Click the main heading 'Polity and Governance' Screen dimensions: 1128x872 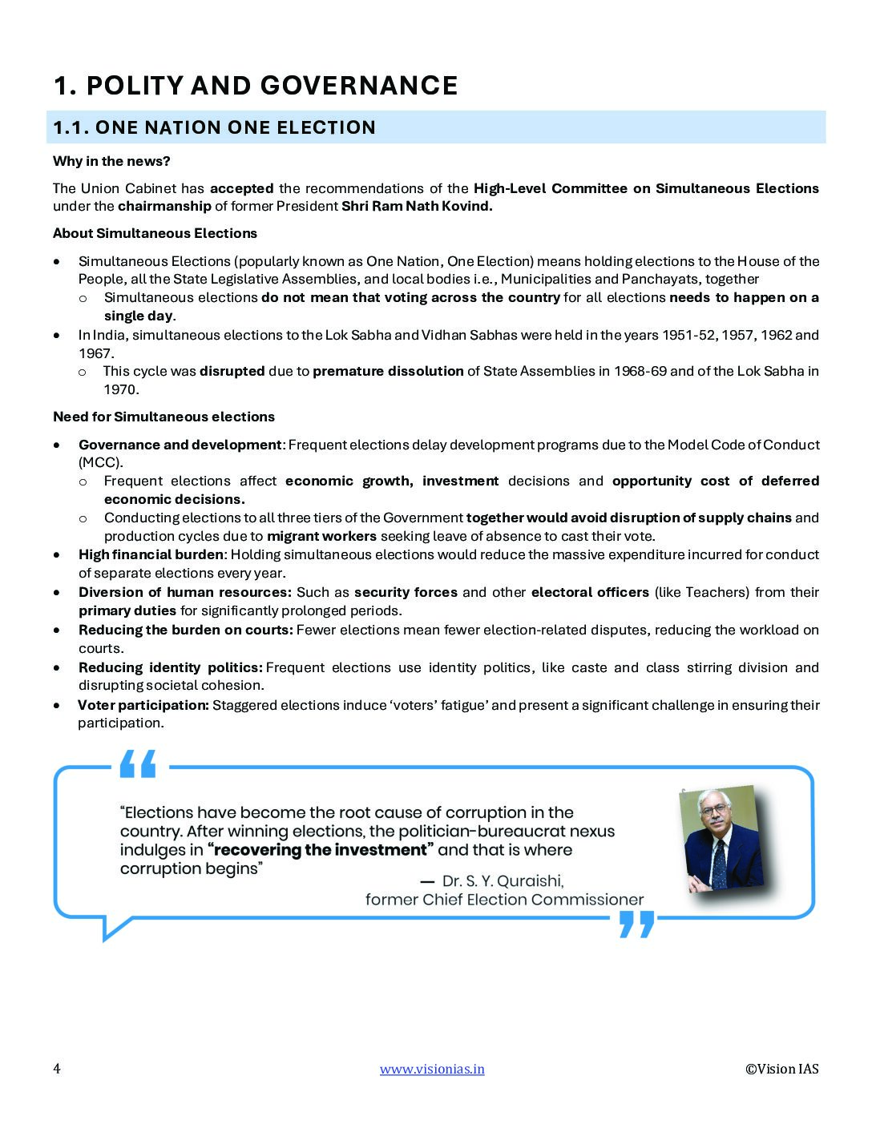point(256,86)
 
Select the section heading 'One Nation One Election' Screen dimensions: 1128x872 point(214,127)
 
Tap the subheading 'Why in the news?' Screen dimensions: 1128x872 point(111,161)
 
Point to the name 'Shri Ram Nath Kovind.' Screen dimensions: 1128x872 point(417,206)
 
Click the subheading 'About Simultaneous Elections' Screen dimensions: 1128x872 point(155,233)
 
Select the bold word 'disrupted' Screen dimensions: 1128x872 point(232,371)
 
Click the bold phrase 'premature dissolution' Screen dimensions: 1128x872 point(388,371)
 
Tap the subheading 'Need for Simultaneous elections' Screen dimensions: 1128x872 point(163,417)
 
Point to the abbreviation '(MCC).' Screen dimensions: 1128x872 point(101,462)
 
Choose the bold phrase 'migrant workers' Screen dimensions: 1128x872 point(321,536)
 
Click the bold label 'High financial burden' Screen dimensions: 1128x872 point(151,554)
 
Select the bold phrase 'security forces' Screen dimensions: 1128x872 point(406,592)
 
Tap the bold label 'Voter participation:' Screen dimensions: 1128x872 point(143,705)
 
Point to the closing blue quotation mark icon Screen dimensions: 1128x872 point(637,924)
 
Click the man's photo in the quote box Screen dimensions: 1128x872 point(721,838)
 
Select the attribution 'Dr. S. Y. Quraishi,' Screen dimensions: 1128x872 point(503,880)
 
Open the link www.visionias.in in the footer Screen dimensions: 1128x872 point(432,1069)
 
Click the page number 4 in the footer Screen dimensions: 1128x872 point(57,1069)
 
